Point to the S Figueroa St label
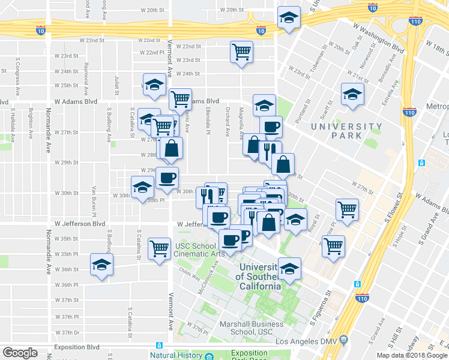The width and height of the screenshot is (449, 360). tap(321, 306)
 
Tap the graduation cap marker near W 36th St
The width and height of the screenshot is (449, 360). tap(101, 264)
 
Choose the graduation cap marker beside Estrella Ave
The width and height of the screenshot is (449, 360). tap(352, 94)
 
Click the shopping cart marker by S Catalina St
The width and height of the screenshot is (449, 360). tap(159, 247)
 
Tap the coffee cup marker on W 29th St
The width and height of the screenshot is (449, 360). tap(167, 177)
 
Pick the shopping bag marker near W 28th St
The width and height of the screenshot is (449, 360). tap(171, 149)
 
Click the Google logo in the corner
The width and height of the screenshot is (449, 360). tap(20, 353)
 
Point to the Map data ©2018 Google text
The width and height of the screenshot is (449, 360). tap(412, 355)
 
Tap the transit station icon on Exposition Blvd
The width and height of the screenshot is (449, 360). tap(159, 346)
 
